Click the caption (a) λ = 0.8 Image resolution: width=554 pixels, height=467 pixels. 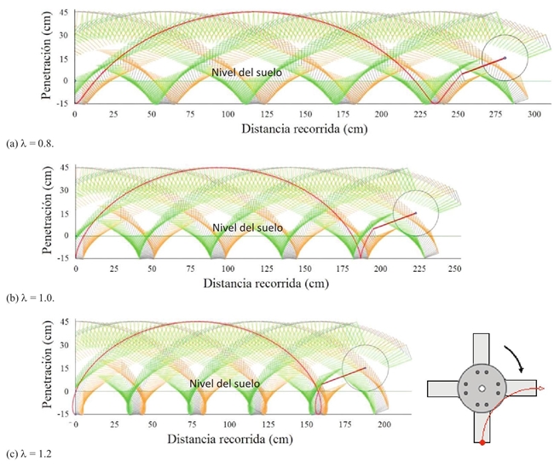tap(26, 136)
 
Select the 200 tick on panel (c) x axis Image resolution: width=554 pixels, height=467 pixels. tap(384, 424)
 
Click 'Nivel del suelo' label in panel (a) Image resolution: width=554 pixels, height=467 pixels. tap(247, 73)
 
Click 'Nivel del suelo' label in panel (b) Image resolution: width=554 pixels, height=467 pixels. tap(247, 228)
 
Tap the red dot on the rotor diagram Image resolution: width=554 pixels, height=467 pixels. tap(482, 443)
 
